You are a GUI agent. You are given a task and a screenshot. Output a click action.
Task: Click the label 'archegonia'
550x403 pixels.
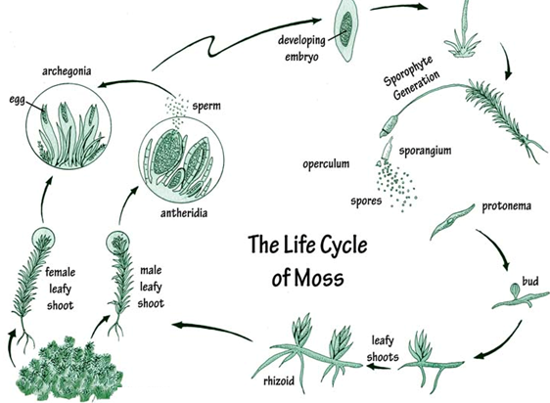pos(67,71)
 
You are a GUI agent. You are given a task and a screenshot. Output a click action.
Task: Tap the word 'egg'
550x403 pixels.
pos(18,101)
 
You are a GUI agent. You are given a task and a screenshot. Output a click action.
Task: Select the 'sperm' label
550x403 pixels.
pos(206,106)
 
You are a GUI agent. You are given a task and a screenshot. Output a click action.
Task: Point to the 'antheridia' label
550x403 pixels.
pos(184,213)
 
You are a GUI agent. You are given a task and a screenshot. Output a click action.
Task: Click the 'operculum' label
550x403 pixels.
pos(326,163)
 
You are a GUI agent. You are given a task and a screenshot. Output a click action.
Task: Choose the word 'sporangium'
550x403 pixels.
pos(425,151)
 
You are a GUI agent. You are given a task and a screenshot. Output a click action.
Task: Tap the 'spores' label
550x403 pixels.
pos(366,201)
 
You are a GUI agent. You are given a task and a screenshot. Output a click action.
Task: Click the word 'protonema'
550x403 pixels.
pos(506,205)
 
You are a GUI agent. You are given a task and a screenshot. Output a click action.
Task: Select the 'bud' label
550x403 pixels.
pos(530,281)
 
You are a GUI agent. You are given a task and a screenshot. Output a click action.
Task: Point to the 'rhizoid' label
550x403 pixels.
pos(279,381)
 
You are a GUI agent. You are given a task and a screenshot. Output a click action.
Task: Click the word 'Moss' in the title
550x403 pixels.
pos(319,278)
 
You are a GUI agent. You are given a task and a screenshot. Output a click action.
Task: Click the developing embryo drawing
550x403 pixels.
pos(346,30)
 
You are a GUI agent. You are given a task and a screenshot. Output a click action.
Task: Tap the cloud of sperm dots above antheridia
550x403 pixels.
pos(177,110)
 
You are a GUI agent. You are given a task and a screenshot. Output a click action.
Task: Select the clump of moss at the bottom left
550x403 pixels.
pos(70,370)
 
